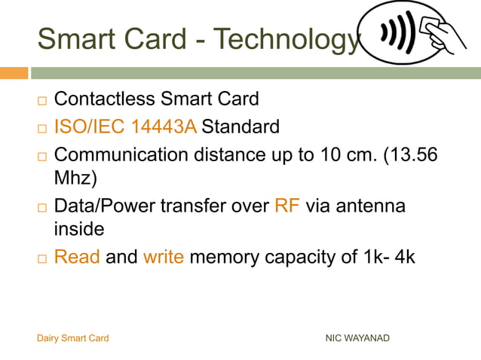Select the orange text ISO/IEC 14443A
point(125,127)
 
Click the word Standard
point(240,127)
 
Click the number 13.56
point(414,155)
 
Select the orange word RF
point(287,206)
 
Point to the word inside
point(78,227)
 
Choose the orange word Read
point(77,257)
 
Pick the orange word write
point(163,257)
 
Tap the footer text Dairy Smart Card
point(72,338)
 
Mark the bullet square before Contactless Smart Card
point(42,100)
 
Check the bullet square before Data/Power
point(42,207)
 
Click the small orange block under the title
point(14,73)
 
